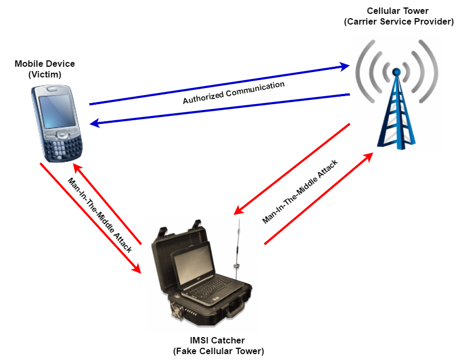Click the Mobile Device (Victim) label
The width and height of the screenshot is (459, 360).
pyautogui.click(x=45, y=69)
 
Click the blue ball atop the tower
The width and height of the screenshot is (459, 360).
pyautogui.click(x=396, y=71)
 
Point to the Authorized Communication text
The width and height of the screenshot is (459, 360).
pyautogui.click(x=234, y=92)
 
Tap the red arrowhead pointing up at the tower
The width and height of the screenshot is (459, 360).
pyautogui.click(x=369, y=155)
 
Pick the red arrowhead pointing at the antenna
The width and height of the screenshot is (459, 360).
pyautogui.click(x=239, y=211)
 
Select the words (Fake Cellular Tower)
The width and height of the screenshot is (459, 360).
pyautogui.click(x=218, y=351)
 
